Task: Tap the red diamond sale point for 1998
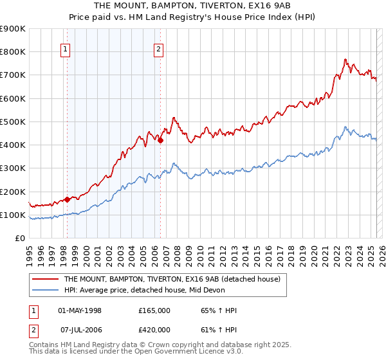tap(67, 199)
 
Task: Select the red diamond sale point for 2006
tap(160, 140)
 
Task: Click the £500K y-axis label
tap(13, 122)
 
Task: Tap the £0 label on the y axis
tap(19, 238)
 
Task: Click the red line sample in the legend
tap(46, 280)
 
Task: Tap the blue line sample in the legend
tap(46, 291)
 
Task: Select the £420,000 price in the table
tap(154, 330)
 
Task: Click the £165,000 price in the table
tap(154, 310)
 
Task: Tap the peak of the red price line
tap(345, 59)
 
